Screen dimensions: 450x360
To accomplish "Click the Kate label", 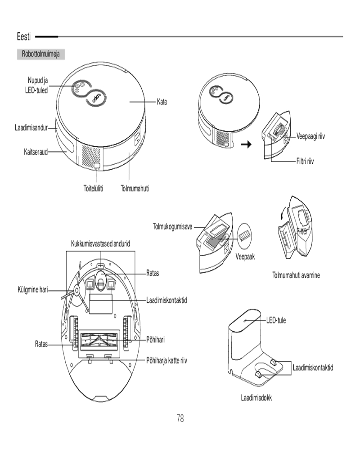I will (162, 102).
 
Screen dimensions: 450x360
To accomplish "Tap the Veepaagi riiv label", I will (310, 136).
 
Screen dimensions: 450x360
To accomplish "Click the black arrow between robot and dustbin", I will (247, 145).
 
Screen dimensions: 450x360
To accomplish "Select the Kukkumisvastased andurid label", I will (101, 243).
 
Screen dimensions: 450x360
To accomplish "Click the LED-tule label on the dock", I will (276, 320).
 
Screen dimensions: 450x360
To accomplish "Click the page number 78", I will (180, 418).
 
